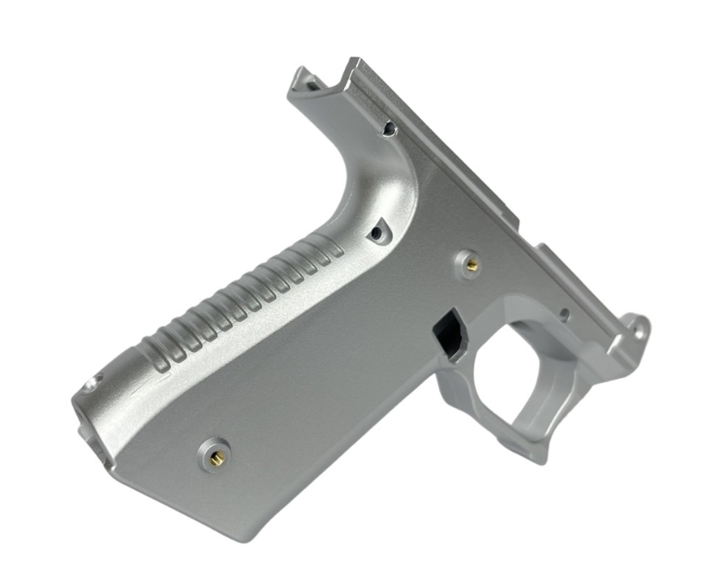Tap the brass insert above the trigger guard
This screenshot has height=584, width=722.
pyautogui.click(x=471, y=264)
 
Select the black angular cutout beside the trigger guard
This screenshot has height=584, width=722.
pyautogui.click(x=449, y=336)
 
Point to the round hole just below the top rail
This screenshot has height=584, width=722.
pyautogui.click(x=389, y=129)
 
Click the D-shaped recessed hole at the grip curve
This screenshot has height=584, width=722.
pyautogui.click(x=377, y=231)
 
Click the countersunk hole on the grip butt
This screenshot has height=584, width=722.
pyautogui.click(x=89, y=386)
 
